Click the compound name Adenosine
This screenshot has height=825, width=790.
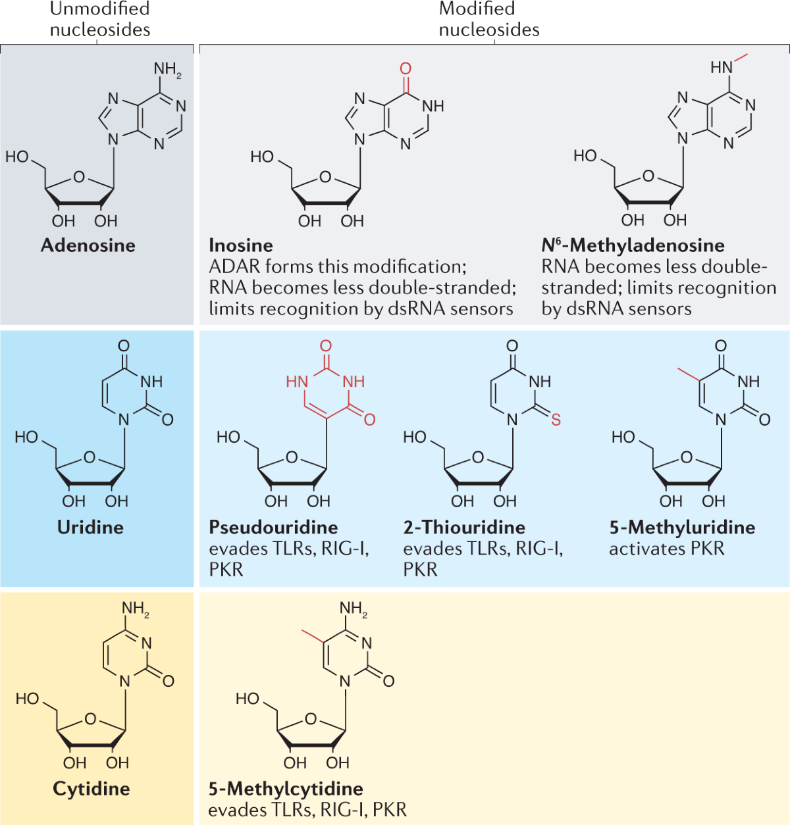[x=88, y=245]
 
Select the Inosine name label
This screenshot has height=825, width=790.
[x=240, y=245]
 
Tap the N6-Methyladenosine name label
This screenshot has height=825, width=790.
[x=633, y=245]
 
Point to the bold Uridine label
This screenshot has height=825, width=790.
[x=90, y=527]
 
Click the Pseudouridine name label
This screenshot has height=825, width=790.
[x=273, y=527]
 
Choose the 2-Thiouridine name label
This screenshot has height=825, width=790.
[x=464, y=527]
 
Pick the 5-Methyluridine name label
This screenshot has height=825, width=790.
[x=682, y=527]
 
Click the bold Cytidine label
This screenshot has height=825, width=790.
[x=91, y=788]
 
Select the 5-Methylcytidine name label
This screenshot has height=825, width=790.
[x=286, y=788]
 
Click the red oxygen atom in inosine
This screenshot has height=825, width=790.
[x=406, y=68]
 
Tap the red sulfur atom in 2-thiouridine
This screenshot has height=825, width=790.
[x=556, y=420]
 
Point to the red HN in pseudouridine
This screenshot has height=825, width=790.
[x=297, y=382]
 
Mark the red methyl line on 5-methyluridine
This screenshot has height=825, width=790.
[x=689, y=374]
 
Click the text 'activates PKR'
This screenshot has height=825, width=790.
[x=666, y=549]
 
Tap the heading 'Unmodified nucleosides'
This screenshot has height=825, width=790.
[x=100, y=19]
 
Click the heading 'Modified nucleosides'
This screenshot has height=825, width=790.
[x=488, y=19]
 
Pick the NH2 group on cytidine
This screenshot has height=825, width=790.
[x=135, y=609]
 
